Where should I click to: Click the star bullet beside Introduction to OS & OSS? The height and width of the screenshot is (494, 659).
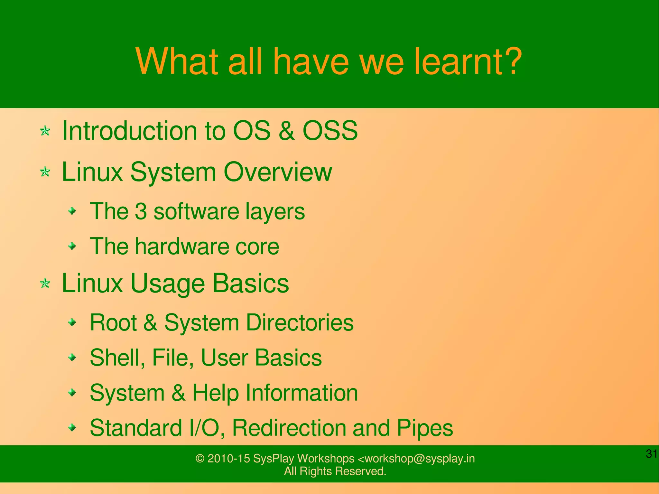(x=45, y=131)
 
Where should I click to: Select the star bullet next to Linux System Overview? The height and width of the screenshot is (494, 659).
(x=45, y=172)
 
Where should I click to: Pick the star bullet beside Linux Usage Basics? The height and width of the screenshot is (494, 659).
(x=45, y=284)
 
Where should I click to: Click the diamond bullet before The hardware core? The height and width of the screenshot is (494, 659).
(x=73, y=247)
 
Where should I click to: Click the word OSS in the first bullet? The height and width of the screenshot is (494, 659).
(x=330, y=131)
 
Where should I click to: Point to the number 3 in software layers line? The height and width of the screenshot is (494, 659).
(x=141, y=211)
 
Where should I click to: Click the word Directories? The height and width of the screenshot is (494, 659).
(x=300, y=322)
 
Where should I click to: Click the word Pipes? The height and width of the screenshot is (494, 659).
(x=425, y=428)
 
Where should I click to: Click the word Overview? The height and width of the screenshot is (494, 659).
(x=277, y=172)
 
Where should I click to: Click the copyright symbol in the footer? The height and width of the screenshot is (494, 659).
(x=200, y=459)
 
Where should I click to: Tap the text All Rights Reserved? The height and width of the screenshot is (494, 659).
(x=335, y=471)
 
